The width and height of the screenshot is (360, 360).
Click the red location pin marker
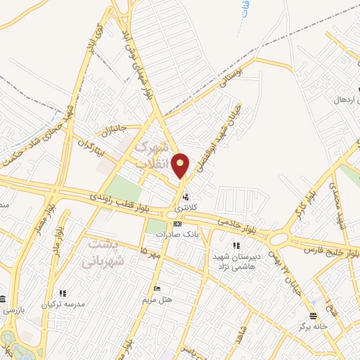click(x=181, y=165)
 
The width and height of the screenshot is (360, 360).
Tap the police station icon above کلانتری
click(x=186, y=197)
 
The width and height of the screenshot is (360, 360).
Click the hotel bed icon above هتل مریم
click(x=157, y=289)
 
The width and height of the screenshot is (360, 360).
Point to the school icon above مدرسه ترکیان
click(x=63, y=293)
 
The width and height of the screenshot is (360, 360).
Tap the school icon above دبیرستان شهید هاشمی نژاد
click(x=236, y=245)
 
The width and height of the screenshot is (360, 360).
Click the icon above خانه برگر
click(x=313, y=316)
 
